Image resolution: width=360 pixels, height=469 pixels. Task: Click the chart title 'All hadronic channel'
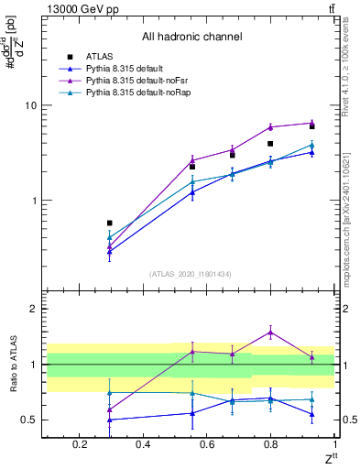191,38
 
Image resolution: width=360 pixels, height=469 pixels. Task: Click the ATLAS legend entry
97,56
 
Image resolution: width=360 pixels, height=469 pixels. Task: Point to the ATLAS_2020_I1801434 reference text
191,274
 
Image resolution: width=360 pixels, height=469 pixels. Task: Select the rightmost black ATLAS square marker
312,126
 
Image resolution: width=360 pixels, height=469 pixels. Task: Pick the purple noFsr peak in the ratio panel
270,333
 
